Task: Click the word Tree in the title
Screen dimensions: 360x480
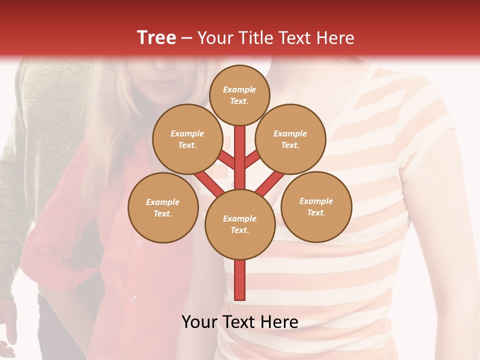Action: (156, 37)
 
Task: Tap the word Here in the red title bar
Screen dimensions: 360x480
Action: (335, 38)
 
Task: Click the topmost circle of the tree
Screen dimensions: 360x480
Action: (239, 95)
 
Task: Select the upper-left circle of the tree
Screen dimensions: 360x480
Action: (187, 139)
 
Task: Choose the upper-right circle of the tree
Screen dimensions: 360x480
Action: (290, 139)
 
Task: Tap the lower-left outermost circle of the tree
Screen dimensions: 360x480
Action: (163, 207)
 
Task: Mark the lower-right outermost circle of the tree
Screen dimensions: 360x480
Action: (316, 206)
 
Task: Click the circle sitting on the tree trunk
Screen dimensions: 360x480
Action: (240, 224)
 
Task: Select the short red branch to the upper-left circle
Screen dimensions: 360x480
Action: (226, 160)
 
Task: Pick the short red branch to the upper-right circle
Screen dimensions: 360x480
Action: (252, 160)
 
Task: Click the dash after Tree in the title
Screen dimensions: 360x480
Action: (186, 38)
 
